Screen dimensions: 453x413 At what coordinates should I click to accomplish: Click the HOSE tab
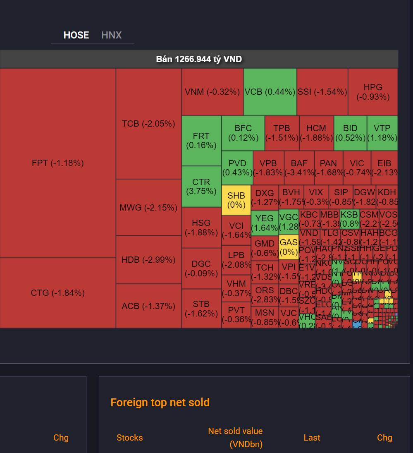point(76,35)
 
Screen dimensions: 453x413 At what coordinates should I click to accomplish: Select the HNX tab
point(112,35)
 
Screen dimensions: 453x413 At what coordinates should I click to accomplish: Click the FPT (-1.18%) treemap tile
point(57,163)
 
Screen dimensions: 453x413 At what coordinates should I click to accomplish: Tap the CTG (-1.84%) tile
point(57,293)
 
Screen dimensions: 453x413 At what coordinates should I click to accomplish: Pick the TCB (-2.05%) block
point(148,124)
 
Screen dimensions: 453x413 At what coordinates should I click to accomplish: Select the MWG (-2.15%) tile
point(148,207)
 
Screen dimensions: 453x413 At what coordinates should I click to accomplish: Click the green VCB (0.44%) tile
point(270,92)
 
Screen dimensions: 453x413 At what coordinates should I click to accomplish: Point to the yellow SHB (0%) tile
point(236,200)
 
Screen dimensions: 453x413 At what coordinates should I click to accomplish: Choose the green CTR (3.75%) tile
point(201,186)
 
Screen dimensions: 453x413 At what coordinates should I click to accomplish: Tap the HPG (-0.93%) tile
point(373,92)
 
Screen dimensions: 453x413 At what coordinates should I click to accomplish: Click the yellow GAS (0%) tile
point(289,247)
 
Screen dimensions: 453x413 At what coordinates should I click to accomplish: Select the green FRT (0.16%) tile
point(201,141)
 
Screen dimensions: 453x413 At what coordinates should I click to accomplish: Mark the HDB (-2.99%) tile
point(148,260)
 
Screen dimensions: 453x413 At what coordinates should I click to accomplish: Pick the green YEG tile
point(265,223)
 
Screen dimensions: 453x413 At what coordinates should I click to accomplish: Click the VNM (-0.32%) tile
point(212,92)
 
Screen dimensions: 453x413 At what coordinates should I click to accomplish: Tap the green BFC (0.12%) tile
point(243,133)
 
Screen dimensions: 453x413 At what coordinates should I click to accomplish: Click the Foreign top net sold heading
point(160,403)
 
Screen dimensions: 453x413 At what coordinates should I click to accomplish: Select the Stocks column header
point(129,438)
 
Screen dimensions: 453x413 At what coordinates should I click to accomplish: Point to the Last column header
point(312,438)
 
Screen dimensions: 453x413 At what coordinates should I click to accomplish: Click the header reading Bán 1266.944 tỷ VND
point(199,59)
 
